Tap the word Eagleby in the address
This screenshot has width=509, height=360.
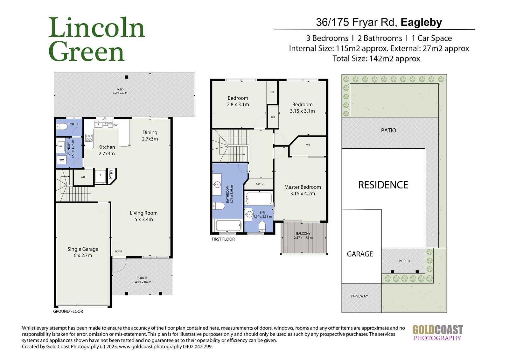(421, 22)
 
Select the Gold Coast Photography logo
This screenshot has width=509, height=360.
(437, 333)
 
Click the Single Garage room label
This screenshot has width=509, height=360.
(83, 252)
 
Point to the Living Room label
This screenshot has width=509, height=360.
(143, 216)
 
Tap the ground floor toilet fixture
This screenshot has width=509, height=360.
(62, 126)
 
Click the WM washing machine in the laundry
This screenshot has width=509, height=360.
(62, 160)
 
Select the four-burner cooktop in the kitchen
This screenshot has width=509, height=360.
(89, 138)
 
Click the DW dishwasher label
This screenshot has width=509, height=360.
(115, 125)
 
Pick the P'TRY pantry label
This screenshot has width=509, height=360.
(111, 174)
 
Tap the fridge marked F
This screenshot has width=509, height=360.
(100, 176)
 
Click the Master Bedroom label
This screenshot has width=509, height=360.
(303, 190)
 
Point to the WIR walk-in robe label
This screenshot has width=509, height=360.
(308, 145)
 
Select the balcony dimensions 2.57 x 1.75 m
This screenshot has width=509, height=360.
(303, 238)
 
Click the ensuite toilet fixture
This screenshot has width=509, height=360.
(262, 227)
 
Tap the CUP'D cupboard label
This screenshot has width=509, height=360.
(260, 184)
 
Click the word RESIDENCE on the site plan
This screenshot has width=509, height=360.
(383, 185)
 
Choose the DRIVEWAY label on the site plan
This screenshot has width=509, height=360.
(359, 296)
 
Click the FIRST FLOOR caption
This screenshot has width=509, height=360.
(223, 239)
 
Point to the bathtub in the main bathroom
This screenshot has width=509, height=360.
(229, 225)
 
